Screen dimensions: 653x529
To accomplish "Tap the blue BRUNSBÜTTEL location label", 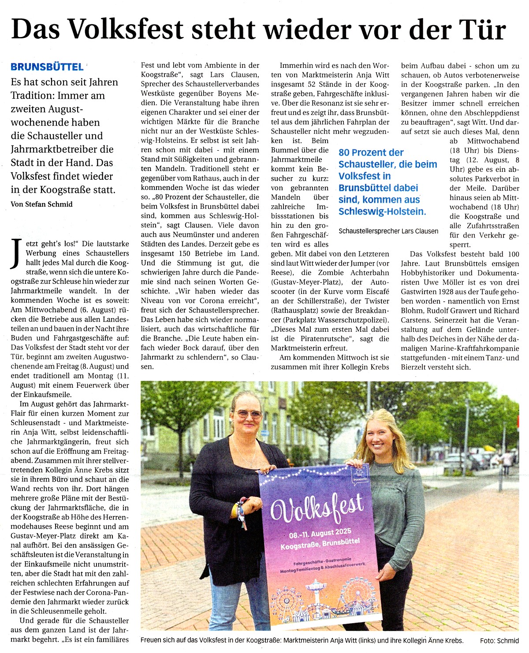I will pyautogui.click(x=47, y=67).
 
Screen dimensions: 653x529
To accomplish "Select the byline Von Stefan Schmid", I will pyautogui.click(x=41, y=204).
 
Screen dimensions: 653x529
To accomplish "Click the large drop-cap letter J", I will pyautogui.click(x=16, y=253).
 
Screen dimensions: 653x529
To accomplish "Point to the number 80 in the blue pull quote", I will pyautogui.click(x=344, y=152).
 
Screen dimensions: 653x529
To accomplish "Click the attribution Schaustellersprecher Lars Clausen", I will pyautogui.click(x=388, y=231).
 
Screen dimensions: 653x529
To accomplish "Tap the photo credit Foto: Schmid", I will pyautogui.click(x=499, y=641).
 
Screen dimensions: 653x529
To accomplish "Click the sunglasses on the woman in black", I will pyautogui.click(x=248, y=413).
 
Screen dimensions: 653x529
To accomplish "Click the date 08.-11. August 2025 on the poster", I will pyautogui.click(x=320, y=534).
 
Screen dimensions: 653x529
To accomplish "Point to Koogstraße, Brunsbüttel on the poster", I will pyautogui.click(x=320, y=544).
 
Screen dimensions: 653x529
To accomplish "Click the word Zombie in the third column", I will pyautogui.click(x=331, y=273).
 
